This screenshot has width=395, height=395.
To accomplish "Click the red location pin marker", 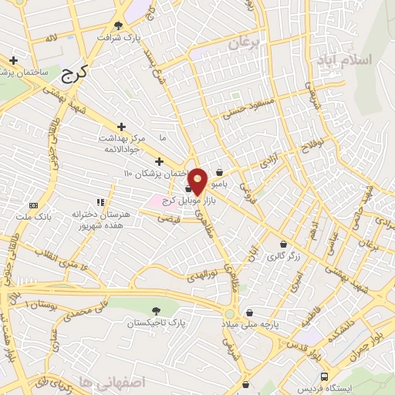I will tap(198, 181).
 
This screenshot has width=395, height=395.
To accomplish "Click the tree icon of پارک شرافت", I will tap(118, 25).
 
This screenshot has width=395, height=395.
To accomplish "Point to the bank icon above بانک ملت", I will tap(33, 205).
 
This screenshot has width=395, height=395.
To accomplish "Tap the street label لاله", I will tap(51, 38).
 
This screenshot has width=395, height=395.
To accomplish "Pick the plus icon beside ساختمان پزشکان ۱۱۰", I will tap(160, 161).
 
